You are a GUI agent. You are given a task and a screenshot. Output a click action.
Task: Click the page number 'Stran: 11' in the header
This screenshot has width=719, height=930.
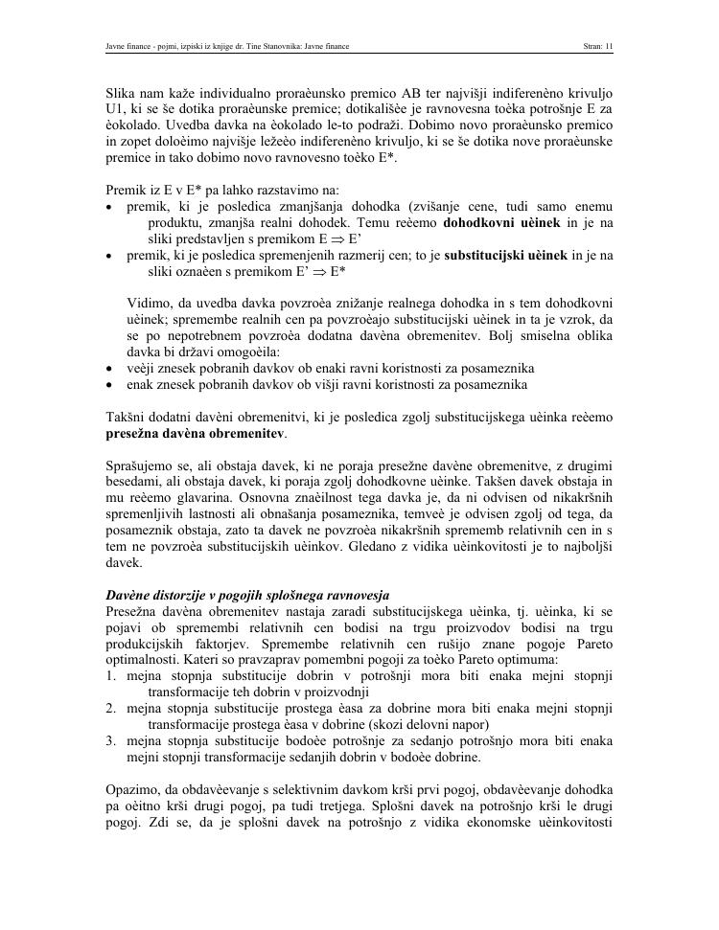pos(597,45)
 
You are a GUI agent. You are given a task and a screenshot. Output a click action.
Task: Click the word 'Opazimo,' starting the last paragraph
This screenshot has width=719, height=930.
pos(135,790)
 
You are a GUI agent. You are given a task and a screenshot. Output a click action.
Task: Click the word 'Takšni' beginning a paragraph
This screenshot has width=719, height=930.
pos(127,418)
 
